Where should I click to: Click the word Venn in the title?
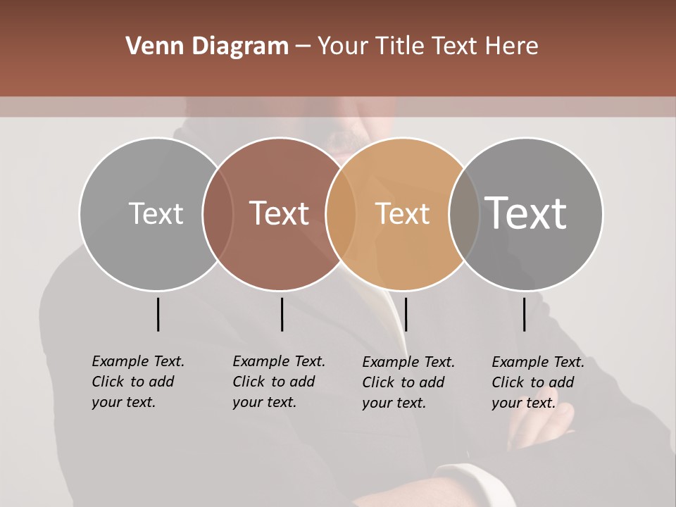pos(150,46)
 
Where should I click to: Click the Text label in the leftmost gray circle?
pos(156,213)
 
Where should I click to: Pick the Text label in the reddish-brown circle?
pos(280,213)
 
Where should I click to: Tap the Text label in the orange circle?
pos(402,213)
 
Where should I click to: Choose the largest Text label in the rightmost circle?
pos(526,213)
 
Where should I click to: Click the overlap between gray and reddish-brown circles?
pos(218,213)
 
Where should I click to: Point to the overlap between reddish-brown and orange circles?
pos(341,213)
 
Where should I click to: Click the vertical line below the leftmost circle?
pos(158,314)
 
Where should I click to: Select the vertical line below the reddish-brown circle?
pos(282,314)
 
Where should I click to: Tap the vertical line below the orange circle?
pos(406,314)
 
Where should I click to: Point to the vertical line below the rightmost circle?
pos(525,314)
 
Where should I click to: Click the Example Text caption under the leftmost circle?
pos(138,361)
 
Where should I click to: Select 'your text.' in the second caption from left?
pos(264,402)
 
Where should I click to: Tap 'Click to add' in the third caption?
pos(403,382)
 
